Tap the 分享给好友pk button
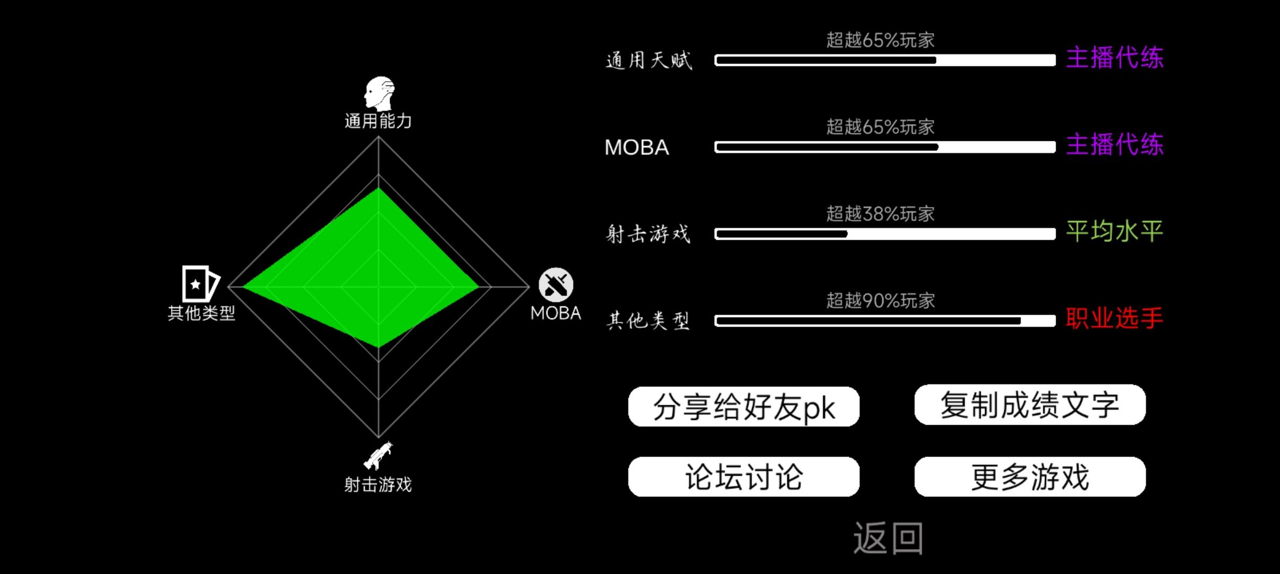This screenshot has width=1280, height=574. tap(744, 407)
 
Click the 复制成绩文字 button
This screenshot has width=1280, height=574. tap(1030, 404)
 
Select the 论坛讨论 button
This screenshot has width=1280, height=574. tap(744, 477)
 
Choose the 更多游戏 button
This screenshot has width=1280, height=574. tap(1030, 477)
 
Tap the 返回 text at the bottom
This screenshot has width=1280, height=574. tap(888, 538)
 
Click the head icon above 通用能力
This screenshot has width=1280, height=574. tap(378, 93)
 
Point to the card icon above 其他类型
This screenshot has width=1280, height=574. tap(200, 284)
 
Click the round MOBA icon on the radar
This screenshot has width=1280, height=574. tap(556, 285)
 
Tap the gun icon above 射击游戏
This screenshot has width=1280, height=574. tap(378, 455)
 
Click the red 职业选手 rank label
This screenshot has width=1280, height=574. tap(1114, 318)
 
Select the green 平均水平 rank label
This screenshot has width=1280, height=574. tap(1114, 232)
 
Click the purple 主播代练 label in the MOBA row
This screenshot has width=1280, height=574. tap(1114, 145)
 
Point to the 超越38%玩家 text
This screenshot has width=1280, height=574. tap(880, 214)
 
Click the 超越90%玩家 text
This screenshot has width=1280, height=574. tap(880, 301)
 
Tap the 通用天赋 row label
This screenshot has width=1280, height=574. tap(649, 60)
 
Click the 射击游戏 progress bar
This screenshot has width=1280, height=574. tap(885, 234)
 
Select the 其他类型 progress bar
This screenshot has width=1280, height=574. tap(885, 320)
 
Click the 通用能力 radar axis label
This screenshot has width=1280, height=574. tap(378, 121)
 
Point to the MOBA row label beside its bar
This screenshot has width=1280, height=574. tap(637, 147)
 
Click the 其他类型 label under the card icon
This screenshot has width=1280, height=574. tap(201, 313)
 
